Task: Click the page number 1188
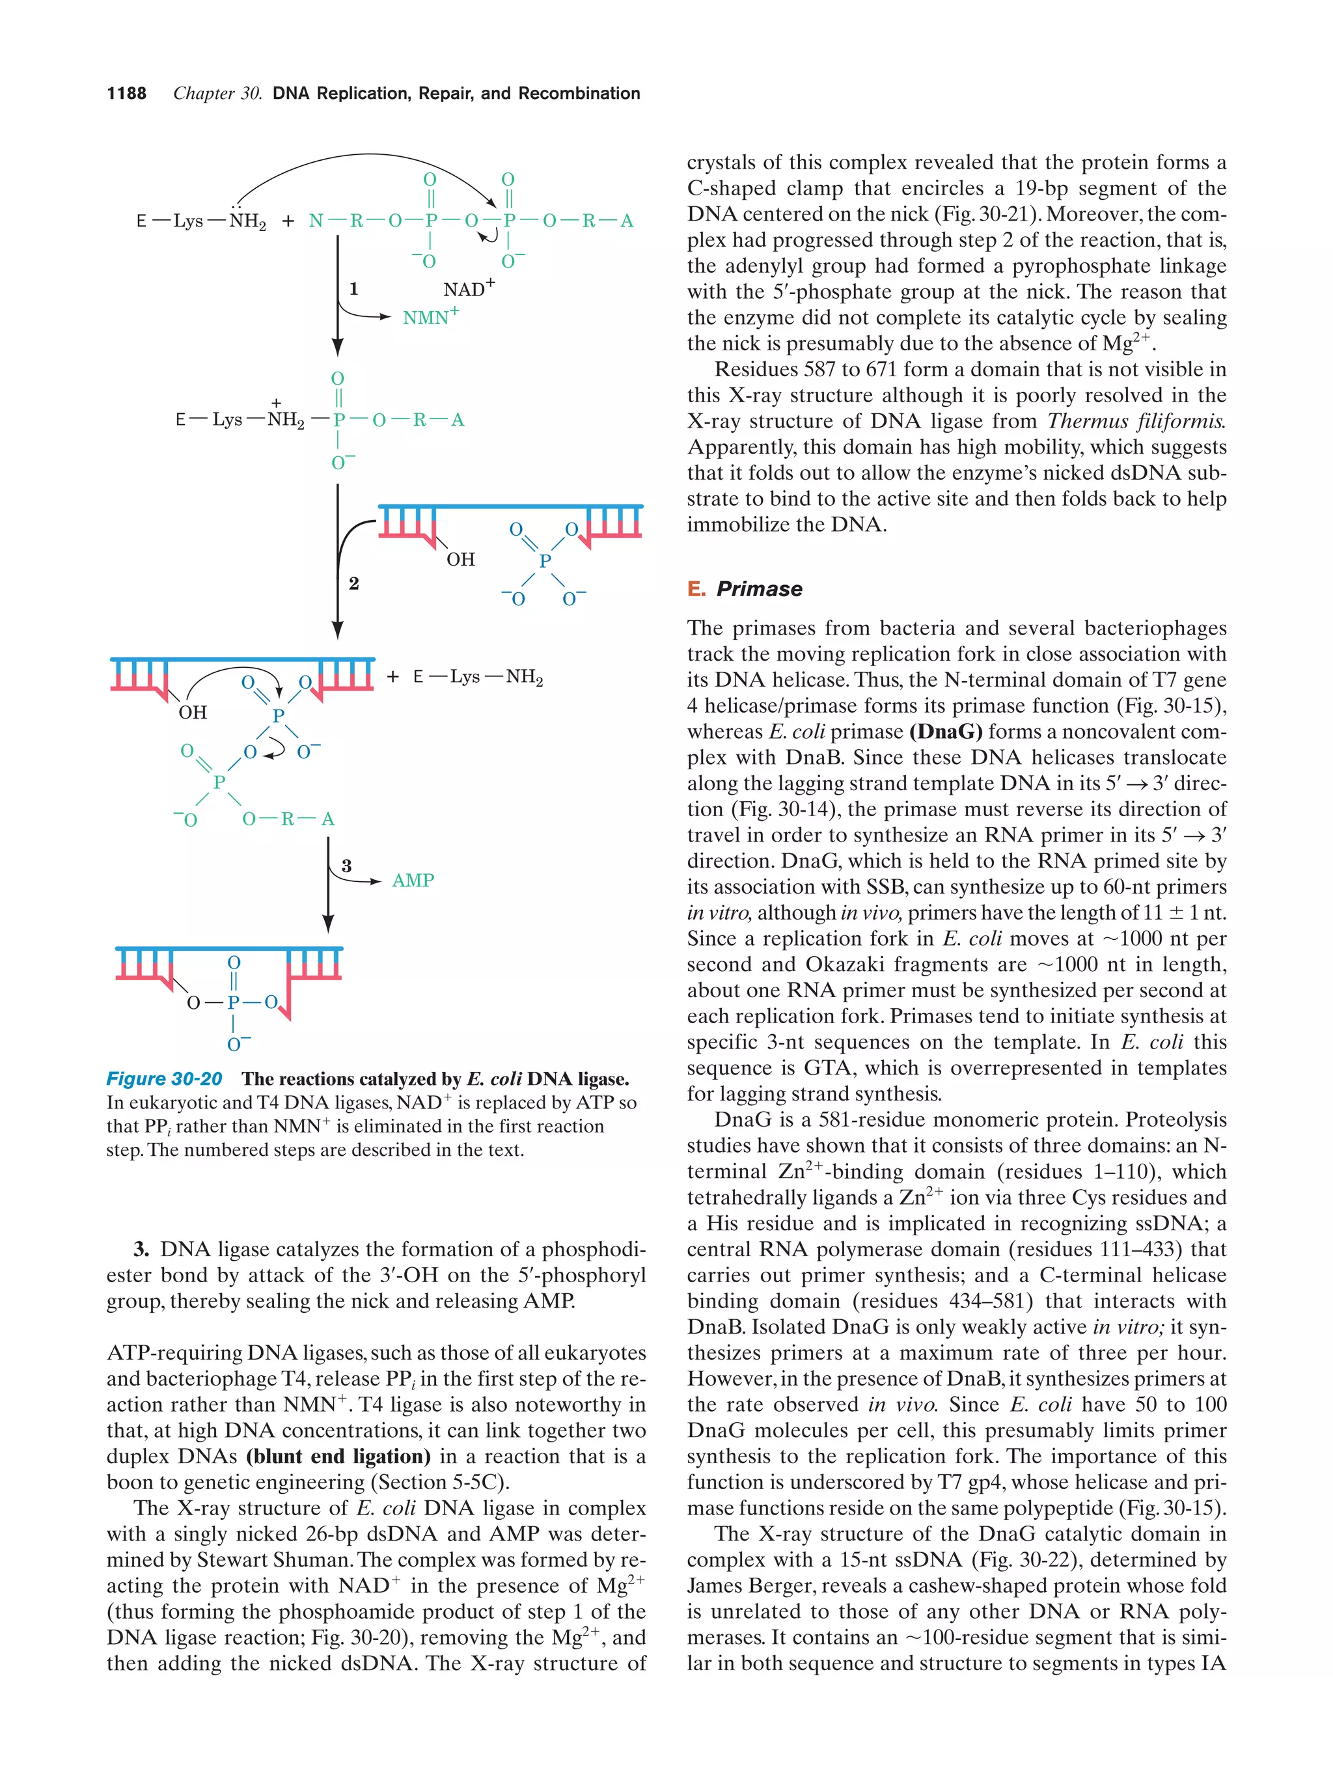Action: point(127,94)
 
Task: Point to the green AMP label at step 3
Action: point(413,880)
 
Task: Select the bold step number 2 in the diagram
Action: point(353,583)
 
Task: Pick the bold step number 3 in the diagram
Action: point(346,866)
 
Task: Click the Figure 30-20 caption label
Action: point(165,1079)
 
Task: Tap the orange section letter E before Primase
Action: point(695,589)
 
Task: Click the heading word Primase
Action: point(759,589)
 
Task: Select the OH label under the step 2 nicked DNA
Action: point(460,559)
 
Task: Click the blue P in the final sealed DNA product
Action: point(233,1002)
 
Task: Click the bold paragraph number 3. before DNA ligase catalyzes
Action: point(142,1249)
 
